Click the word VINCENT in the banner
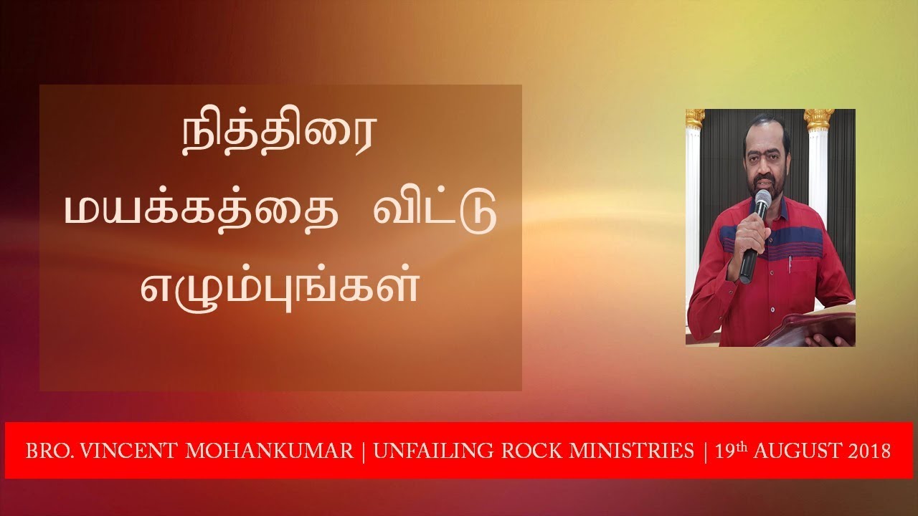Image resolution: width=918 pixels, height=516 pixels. (124, 451)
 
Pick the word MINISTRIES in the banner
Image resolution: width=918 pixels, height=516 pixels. (623, 451)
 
